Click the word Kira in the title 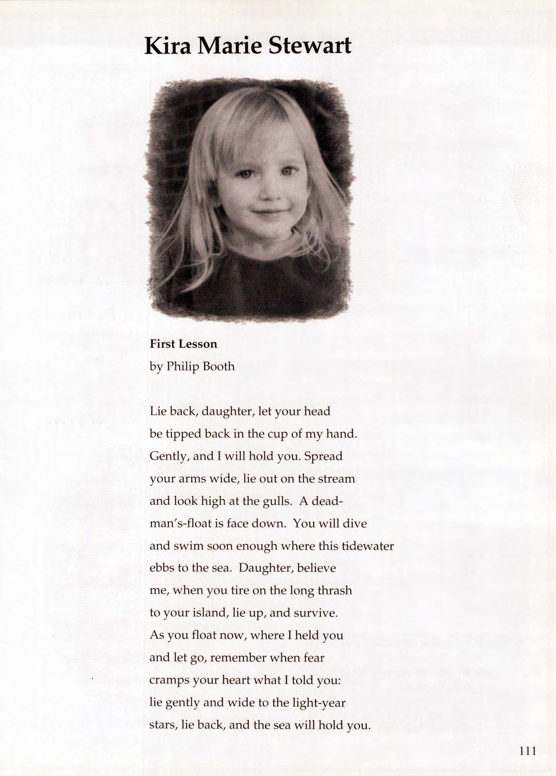[168, 46]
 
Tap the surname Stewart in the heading [310, 46]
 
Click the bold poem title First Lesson [183, 344]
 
